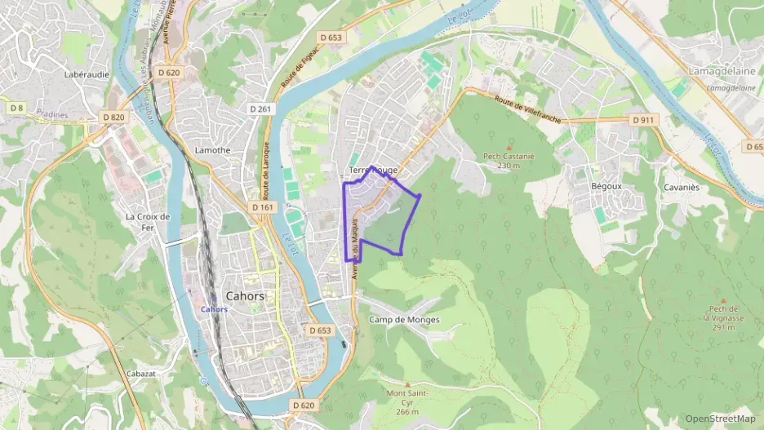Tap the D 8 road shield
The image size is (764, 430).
click(16, 108)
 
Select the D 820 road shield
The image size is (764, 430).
click(114, 117)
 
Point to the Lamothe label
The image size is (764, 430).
click(213, 150)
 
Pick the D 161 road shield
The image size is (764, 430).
click(263, 207)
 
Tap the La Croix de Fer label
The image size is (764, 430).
click(147, 222)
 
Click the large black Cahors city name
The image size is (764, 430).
click(243, 296)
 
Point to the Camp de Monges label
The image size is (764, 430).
click(404, 320)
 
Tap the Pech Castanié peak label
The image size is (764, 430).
click(508, 160)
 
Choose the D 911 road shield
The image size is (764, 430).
click(644, 120)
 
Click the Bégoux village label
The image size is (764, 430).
click(606, 186)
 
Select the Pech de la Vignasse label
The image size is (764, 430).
click(722, 317)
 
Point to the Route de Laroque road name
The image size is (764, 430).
click(266, 171)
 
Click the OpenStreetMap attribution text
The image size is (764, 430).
click(721, 419)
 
